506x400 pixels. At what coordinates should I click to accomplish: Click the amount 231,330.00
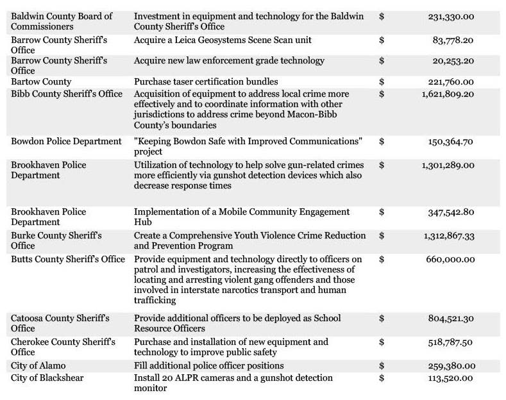coord(451,17)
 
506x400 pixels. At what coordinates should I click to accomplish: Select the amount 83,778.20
coord(453,40)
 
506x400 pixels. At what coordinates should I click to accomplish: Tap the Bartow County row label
coord(41,82)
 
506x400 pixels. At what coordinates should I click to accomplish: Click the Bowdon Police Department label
coord(66,141)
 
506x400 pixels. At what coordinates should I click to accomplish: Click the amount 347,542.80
coord(451,212)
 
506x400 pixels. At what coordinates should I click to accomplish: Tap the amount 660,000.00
coord(451,259)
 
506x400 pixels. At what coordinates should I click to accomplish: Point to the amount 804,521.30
coord(451,318)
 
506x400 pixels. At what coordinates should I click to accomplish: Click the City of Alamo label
coord(38,365)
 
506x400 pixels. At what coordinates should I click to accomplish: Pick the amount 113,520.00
coord(451,378)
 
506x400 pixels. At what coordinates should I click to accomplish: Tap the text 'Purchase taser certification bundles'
coord(206,82)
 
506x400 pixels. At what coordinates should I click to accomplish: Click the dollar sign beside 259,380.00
coord(382,365)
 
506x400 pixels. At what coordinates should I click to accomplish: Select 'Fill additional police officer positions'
coord(208,365)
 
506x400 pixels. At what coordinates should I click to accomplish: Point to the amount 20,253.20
coord(453,61)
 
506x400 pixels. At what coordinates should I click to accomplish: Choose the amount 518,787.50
coord(451,342)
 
